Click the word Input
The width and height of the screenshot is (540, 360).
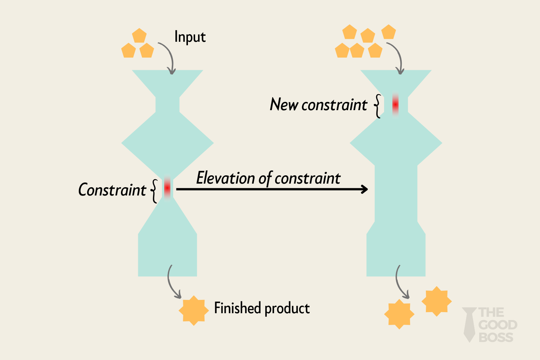coord(190,37)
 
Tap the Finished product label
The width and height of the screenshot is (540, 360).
coord(262,308)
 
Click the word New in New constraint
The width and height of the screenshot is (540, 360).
coord(284,105)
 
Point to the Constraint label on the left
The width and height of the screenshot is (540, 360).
coord(112,190)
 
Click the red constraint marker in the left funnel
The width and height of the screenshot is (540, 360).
coord(167,188)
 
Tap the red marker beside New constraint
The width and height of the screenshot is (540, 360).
coord(395,104)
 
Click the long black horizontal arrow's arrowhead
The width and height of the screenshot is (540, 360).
coord(364,189)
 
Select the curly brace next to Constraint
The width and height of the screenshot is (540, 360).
coord(154,191)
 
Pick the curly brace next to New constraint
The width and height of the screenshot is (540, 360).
coord(377,106)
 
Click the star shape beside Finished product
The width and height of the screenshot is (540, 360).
coord(194,310)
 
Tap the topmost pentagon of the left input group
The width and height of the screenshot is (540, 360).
coord(139,36)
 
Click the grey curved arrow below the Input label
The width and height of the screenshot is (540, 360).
coord(169,56)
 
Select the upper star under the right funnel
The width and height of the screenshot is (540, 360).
coord(436,301)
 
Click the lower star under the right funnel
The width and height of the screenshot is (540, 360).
coord(399,314)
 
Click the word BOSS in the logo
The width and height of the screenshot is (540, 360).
coord(496,337)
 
